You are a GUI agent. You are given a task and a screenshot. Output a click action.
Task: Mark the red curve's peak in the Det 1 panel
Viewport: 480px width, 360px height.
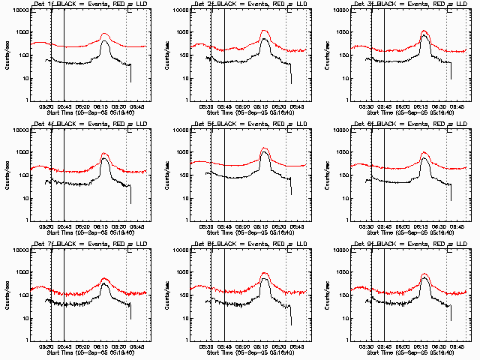tap(104, 34)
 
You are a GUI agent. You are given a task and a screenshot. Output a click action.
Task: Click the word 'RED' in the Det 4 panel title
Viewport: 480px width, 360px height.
tap(111, 124)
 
